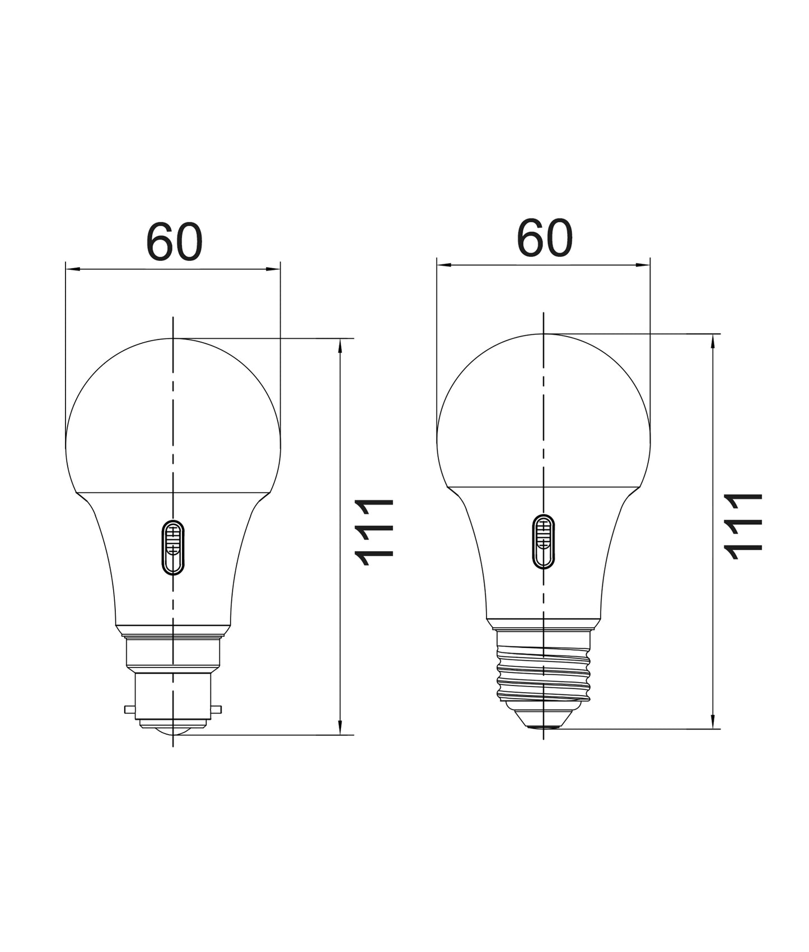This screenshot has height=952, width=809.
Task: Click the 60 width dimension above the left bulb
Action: coord(174,242)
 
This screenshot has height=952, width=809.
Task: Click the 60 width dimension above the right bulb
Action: coord(544,239)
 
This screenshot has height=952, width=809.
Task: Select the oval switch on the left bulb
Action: coord(173,547)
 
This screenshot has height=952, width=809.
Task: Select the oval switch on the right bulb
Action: coord(543,542)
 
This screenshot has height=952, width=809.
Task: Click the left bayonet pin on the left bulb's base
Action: coord(130,710)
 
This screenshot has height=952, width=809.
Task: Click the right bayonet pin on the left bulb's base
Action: coord(216,710)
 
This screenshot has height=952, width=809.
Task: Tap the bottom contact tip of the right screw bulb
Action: coord(543,726)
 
